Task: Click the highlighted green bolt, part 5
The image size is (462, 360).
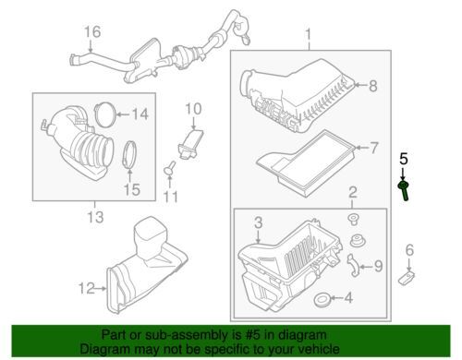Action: point(404,190)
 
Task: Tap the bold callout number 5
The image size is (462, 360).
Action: point(404,159)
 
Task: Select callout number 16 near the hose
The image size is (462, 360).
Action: point(92,32)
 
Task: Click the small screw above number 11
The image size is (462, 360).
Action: point(170,167)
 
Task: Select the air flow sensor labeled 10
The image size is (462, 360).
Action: point(190,144)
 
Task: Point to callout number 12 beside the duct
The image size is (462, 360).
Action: point(86,289)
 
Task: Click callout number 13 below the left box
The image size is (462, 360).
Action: point(95,217)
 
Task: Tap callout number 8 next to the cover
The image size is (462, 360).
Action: point(373,86)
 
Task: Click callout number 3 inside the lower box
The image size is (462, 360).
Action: point(259,222)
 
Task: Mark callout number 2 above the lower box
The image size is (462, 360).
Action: point(353,192)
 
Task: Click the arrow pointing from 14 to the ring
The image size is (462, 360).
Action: point(123,114)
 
